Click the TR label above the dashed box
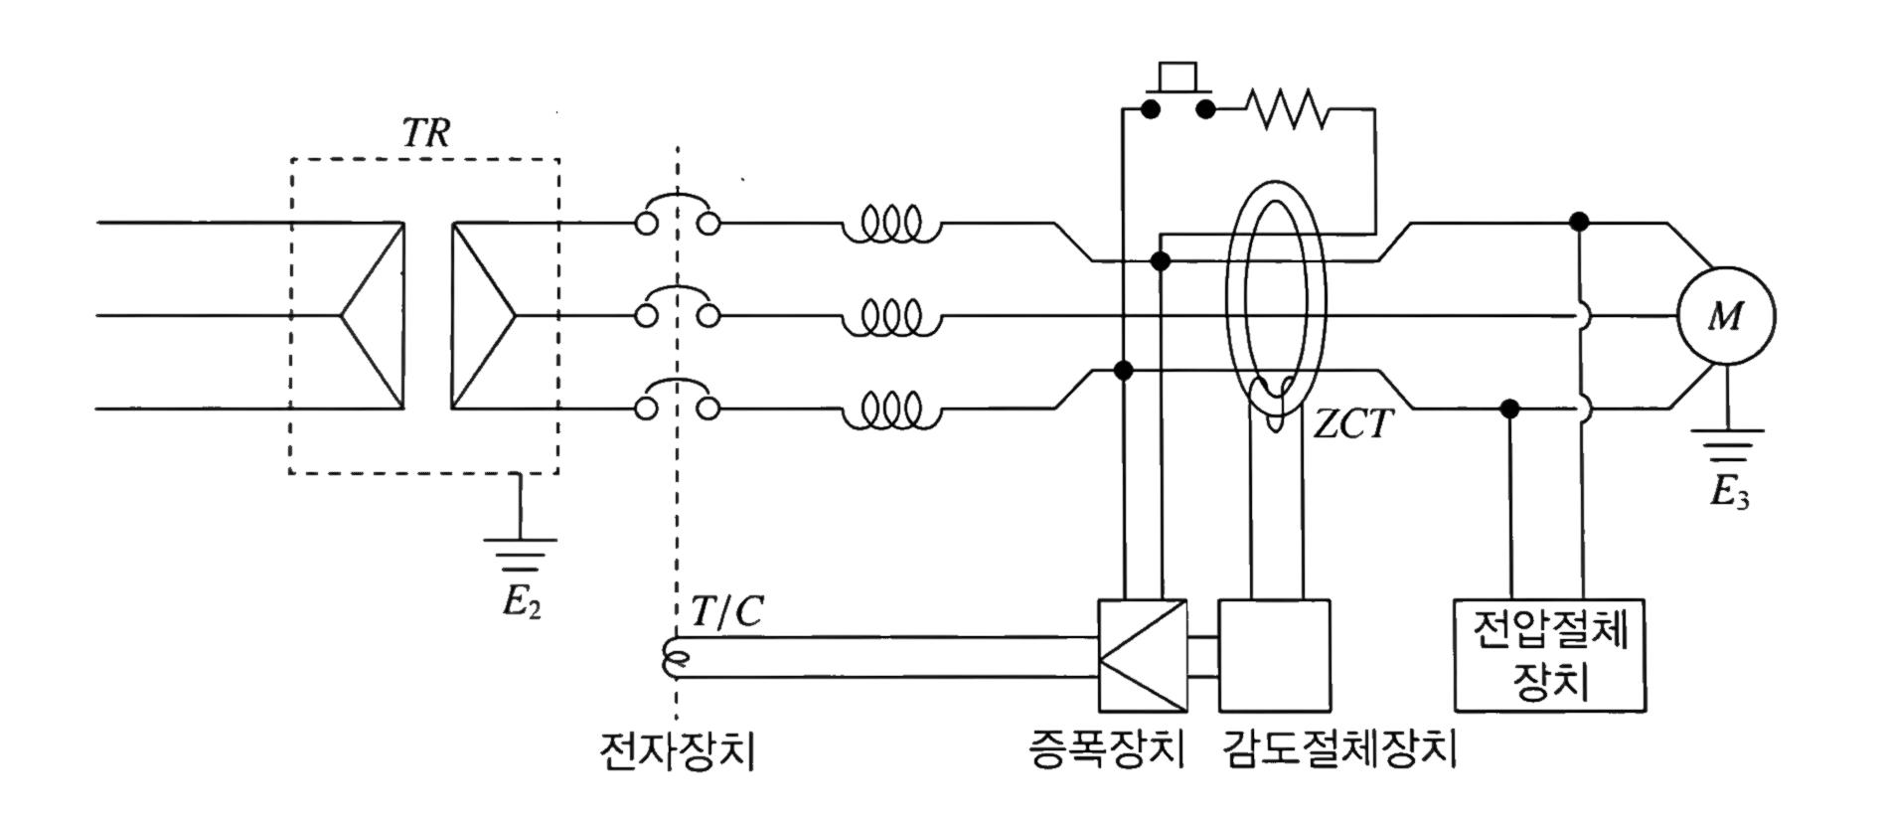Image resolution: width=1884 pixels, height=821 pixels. point(426,133)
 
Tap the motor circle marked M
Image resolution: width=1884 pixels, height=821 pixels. point(1725,317)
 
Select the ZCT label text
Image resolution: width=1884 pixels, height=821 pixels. point(1352,425)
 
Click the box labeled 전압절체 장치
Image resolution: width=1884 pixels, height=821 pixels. point(1549,655)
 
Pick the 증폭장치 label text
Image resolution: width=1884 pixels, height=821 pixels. point(1106,749)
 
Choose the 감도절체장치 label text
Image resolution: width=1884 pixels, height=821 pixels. point(1339,749)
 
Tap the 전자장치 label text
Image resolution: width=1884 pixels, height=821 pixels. point(678,751)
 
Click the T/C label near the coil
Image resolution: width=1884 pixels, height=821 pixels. point(726,612)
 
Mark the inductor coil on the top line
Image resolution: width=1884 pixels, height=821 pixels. point(890,225)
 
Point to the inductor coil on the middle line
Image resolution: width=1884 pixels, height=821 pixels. point(890,318)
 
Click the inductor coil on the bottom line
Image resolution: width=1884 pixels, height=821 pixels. point(890,410)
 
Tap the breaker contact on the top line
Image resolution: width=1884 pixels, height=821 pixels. point(677,215)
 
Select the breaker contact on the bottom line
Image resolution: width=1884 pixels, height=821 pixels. point(677,400)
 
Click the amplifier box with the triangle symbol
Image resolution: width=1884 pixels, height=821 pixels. point(1142,655)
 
